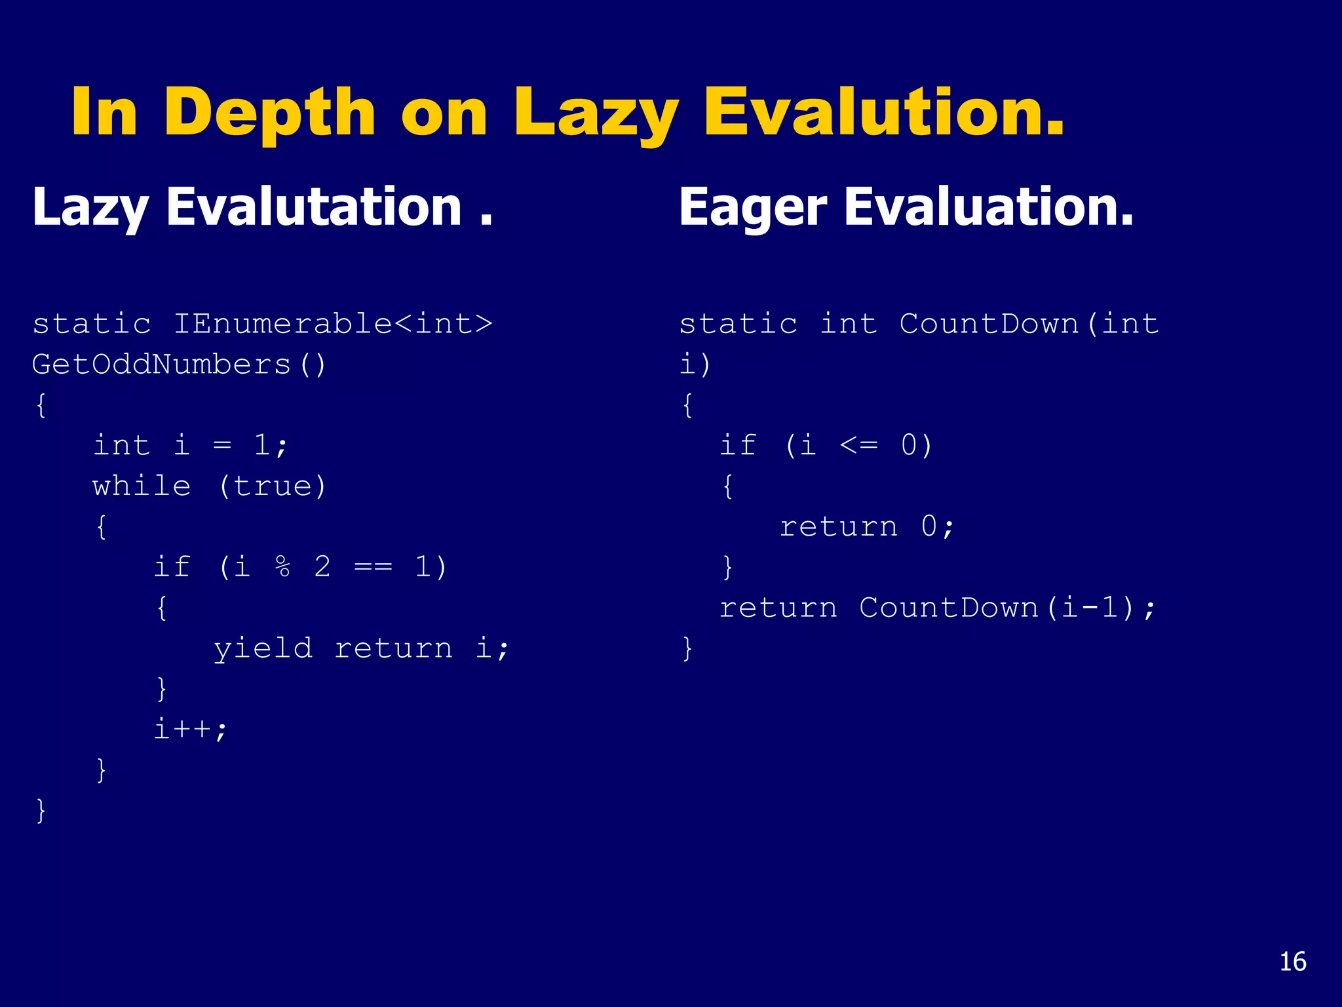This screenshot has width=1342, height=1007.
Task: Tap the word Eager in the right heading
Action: coord(753,208)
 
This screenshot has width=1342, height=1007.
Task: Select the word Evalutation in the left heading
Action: coord(314,208)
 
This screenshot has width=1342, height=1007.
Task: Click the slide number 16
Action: coord(1292,962)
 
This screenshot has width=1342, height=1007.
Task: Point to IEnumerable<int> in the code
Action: coord(332,324)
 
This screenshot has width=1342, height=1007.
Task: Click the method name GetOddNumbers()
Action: coord(179,365)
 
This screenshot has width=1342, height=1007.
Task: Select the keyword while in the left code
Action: coord(142,486)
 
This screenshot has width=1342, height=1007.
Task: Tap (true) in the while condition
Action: coord(272,486)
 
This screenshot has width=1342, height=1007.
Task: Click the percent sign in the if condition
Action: coord(282,567)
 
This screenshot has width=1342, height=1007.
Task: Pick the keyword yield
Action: coord(263,648)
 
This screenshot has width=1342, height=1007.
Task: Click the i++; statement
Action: coord(190,729)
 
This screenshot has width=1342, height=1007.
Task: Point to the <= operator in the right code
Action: coord(858,446)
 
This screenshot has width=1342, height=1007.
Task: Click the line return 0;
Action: coord(867,526)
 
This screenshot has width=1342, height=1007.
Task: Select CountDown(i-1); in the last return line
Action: coord(1007,608)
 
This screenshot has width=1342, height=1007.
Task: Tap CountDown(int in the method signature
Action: coord(1028,324)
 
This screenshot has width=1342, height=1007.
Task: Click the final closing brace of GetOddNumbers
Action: coord(41,811)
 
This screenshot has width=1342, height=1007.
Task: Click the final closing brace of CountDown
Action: coord(687,648)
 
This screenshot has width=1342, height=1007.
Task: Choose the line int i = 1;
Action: coord(190,446)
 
